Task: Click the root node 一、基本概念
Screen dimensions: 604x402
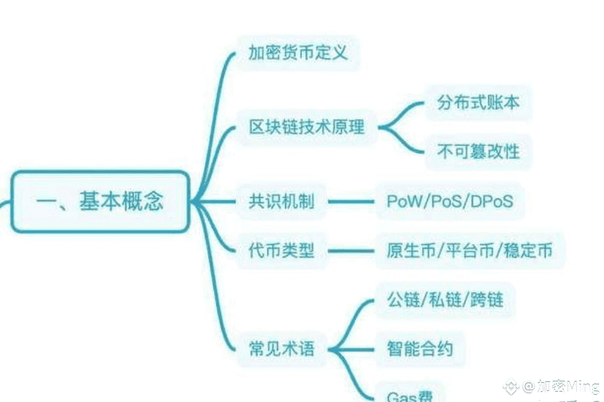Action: tap(99, 202)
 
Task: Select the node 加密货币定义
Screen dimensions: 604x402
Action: tap(298, 53)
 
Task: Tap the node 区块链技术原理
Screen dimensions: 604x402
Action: tap(307, 127)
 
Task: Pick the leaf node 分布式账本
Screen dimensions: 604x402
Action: tap(478, 102)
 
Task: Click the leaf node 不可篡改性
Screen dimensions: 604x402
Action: tap(478, 151)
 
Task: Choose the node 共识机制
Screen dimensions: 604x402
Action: tap(281, 202)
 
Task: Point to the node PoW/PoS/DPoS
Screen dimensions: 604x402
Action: tap(450, 202)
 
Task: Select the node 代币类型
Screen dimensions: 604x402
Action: tap(281, 250)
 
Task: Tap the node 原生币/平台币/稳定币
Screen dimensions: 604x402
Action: tap(469, 250)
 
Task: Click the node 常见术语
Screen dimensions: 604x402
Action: tap(281, 348)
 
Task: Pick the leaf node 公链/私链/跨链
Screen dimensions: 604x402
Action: tap(445, 299)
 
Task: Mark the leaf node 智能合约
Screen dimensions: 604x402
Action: tap(420, 348)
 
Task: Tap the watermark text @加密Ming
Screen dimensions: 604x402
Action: tap(561, 386)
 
